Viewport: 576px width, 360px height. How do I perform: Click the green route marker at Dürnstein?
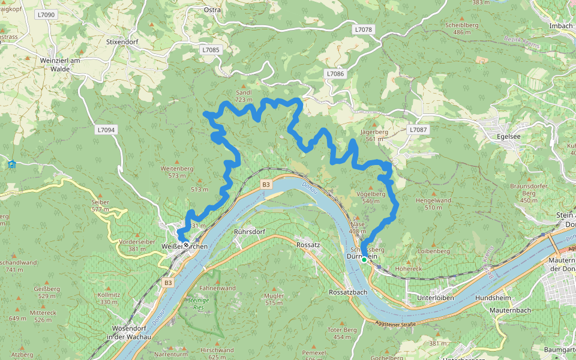(x=364, y=260)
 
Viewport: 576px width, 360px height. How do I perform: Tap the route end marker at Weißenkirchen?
(x=186, y=245)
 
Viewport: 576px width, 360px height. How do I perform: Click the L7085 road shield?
(x=211, y=50)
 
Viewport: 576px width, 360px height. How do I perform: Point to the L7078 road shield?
(x=363, y=29)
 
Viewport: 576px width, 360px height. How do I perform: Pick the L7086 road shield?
(x=335, y=73)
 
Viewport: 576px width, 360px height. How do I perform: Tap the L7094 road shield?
(x=106, y=130)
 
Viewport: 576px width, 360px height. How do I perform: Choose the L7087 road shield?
(x=418, y=130)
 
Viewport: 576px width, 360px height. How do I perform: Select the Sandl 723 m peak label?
(x=244, y=96)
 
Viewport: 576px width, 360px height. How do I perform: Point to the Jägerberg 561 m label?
(x=374, y=135)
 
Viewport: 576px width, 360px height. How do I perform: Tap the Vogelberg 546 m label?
(x=370, y=197)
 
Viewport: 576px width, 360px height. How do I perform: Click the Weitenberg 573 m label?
(x=176, y=172)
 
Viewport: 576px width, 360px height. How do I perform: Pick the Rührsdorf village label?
(x=250, y=231)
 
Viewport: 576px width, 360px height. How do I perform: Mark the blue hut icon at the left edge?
(x=11, y=164)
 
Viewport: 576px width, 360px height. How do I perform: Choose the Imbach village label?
(x=561, y=26)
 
